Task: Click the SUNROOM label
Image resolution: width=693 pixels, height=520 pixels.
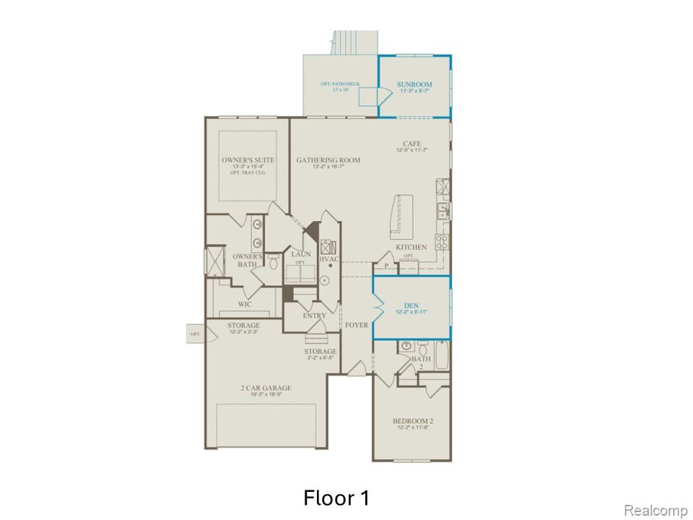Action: [x=414, y=85]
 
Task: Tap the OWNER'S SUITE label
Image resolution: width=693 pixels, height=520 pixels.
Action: [x=242, y=160]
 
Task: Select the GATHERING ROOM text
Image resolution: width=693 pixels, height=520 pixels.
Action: [x=328, y=160]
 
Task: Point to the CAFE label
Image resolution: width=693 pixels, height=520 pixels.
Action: [x=412, y=144]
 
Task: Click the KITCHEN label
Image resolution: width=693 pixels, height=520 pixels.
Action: [x=411, y=248]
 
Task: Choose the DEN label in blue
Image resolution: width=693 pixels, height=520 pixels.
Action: [x=411, y=305]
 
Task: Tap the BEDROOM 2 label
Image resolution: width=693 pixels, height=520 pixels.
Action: [x=412, y=421]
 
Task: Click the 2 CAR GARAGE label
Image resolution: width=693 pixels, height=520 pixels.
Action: [x=266, y=389]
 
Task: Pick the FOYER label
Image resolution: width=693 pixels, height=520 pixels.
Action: [x=356, y=326]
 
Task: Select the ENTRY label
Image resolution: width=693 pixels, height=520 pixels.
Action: [x=315, y=316]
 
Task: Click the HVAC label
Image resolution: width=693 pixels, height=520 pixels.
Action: [x=328, y=259]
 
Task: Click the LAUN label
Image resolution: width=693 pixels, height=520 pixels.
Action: [x=301, y=254]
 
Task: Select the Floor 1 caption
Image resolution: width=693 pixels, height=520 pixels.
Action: [x=336, y=498]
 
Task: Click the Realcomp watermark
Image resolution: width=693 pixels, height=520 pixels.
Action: [x=655, y=511]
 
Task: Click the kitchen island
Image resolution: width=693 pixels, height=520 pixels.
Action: [x=403, y=217]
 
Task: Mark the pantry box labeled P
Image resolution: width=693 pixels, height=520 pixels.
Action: [x=386, y=266]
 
